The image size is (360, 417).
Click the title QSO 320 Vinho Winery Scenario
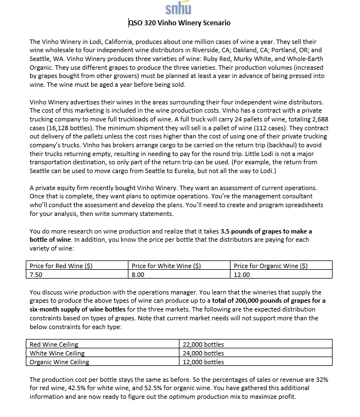(179, 23)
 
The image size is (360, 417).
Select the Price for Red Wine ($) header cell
(61, 266)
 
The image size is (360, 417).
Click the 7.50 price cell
(37, 274)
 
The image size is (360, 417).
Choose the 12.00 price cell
(241, 274)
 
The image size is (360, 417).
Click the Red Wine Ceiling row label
(54, 344)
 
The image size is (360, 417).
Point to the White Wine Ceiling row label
(57, 353)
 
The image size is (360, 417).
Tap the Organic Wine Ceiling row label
(59, 362)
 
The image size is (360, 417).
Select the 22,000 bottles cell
(203, 344)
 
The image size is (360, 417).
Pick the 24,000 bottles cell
(203, 353)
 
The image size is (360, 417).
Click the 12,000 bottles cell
(203, 362)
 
